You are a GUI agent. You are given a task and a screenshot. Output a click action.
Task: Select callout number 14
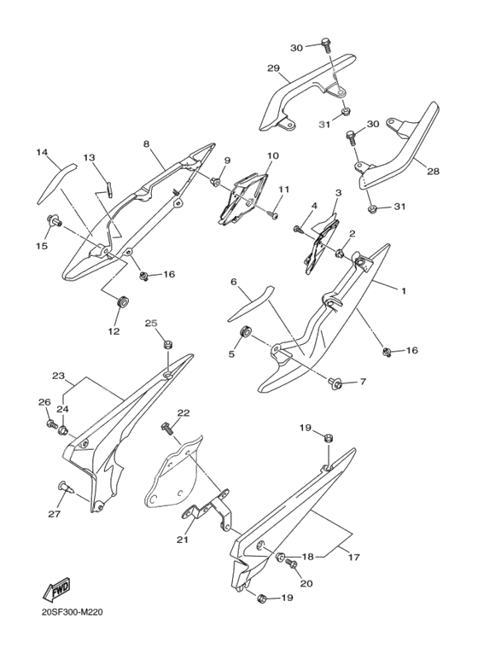41,152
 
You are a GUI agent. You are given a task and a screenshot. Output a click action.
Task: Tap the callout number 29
273,67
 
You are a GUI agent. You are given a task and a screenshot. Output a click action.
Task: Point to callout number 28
433,172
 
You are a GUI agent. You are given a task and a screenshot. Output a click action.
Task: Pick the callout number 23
58,376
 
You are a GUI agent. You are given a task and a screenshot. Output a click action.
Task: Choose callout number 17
354,558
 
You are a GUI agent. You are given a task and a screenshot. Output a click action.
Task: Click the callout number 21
183,540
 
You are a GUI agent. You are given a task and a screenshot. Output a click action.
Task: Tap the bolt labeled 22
167,429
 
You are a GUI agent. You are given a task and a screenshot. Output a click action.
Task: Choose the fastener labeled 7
335,383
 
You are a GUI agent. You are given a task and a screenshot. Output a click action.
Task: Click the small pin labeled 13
108,188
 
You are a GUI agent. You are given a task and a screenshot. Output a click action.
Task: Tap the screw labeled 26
52,423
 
